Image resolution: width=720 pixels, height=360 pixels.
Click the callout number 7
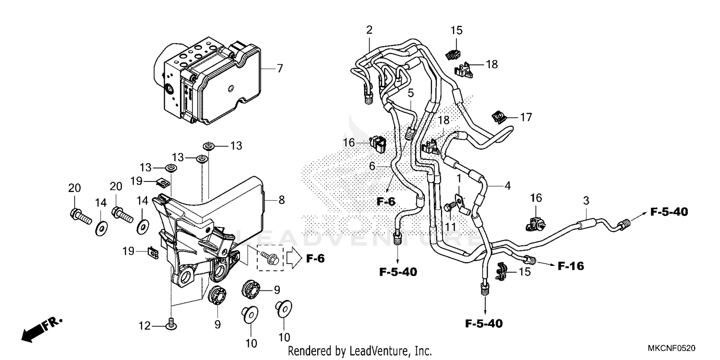279,69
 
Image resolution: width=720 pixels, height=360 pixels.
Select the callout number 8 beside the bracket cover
281,200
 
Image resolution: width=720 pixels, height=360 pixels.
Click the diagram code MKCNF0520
673,348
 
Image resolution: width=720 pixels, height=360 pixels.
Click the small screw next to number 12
169,325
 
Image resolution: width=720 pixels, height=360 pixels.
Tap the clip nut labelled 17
499,116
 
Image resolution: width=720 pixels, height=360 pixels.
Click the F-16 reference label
571,265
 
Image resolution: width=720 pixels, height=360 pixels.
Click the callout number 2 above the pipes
369,30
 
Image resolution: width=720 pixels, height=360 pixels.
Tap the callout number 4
507,185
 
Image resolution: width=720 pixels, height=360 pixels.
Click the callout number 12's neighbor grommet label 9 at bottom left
217,325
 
